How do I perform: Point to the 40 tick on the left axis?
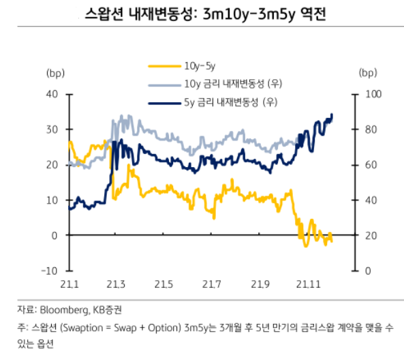(x=55, y=94)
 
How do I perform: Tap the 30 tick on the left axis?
(x=55, y=130)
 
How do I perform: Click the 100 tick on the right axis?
(x=369, y=94)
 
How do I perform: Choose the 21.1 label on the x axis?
(x=70, y=284)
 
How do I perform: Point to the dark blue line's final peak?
(x=332, y=115)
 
